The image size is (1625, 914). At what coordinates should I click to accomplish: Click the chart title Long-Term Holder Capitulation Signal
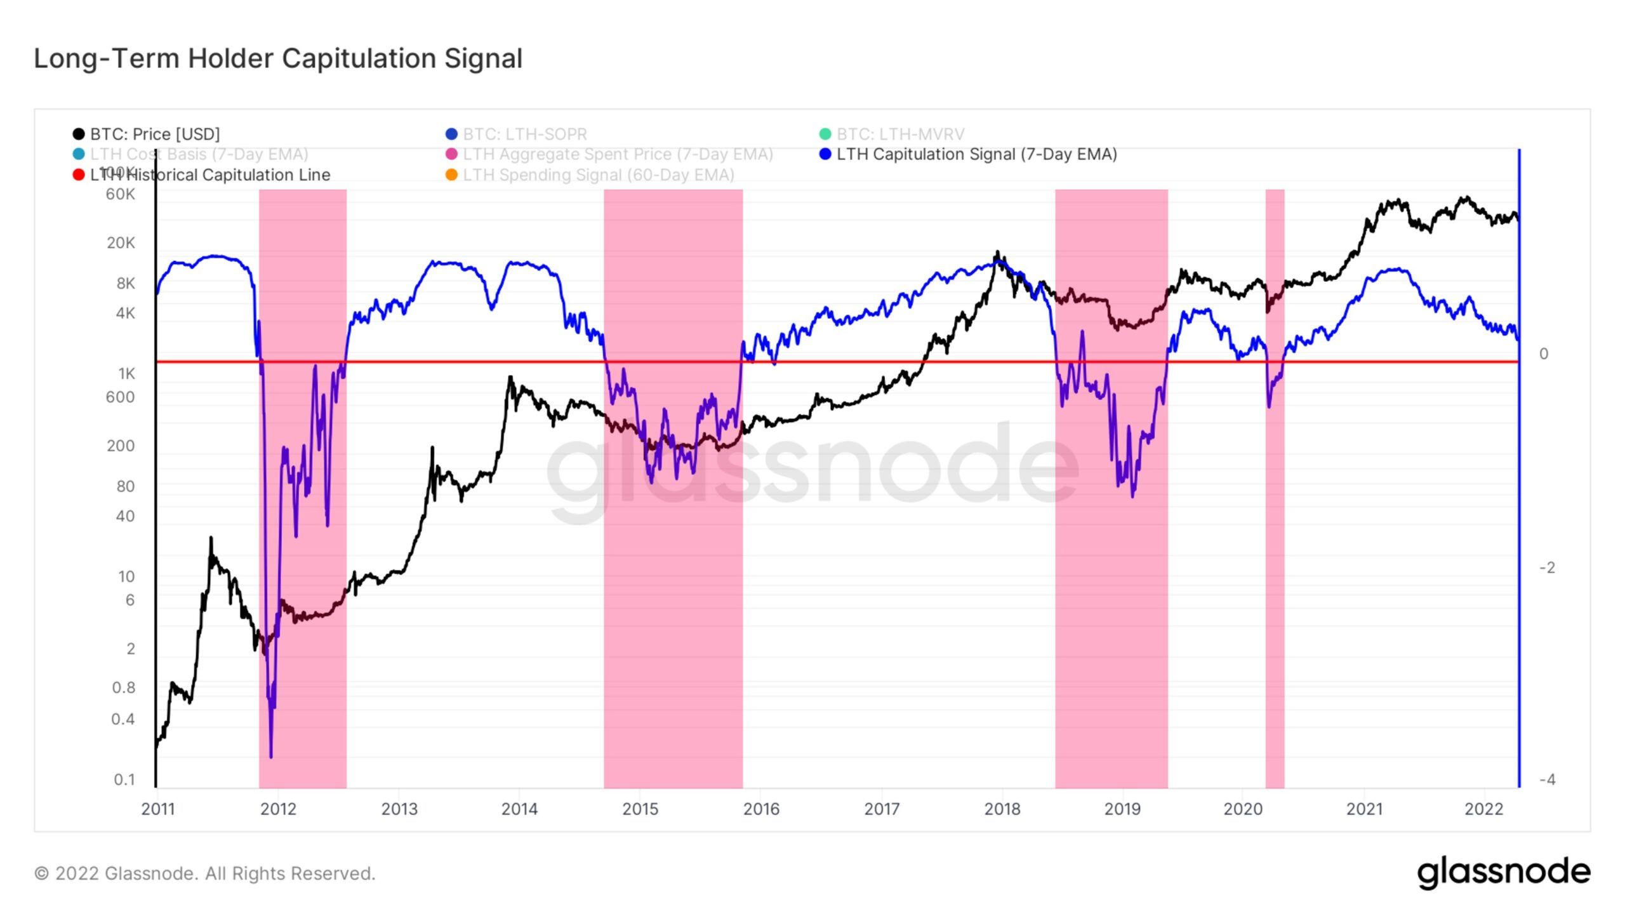pos(278,58)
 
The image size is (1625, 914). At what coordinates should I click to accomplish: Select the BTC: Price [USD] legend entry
pos(155,134)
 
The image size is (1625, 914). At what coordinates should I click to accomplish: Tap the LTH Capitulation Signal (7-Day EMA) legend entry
pos(976,154)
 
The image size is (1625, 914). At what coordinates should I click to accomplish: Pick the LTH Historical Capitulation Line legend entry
pos(209,175)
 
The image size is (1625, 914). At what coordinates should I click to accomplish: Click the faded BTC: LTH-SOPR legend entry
pos(524,134)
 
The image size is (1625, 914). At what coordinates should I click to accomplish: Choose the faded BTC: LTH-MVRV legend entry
pos(900,134)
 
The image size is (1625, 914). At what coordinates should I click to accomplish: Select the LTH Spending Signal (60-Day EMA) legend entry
pos(598,175)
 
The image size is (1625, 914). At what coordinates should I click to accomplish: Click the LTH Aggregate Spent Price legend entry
pos(618,154)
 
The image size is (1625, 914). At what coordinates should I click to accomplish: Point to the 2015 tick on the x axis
pos(640,809)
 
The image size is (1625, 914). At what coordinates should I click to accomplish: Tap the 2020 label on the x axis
pos(1243,809)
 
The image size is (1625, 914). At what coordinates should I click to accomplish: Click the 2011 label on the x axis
pos(157,809)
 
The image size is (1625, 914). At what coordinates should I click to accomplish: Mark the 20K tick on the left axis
pos(121,242)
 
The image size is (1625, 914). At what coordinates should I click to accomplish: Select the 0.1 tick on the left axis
pos(124,779)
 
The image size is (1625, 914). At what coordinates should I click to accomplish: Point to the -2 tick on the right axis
pos(1547,567)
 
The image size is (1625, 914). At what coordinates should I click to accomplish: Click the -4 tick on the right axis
pos(1547,779)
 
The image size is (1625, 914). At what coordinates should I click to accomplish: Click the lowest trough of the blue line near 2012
pos(271,755)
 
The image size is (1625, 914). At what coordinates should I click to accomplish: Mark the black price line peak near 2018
pos(997,253)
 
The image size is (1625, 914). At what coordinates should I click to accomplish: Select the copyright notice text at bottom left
pos(204,873)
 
